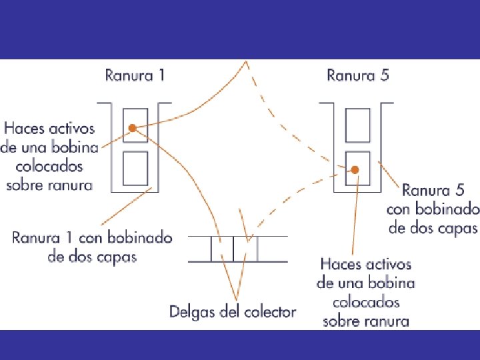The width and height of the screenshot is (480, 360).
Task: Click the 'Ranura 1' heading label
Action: coord(135,75)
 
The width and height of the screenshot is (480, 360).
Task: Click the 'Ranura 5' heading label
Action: coord(357,75)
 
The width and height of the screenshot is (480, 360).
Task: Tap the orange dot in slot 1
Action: coord(133,127)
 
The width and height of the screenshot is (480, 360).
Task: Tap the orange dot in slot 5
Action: coord(355,170)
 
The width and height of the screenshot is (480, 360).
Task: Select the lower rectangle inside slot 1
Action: coord(136,168)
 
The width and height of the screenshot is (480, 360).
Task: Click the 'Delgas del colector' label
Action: coord(232,311)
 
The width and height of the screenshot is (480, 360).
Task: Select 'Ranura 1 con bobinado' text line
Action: coord(92,237)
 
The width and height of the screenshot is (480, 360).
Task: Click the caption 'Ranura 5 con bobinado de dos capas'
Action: coord(432,209)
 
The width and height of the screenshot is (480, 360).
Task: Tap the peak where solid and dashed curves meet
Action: coord(247,62)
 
